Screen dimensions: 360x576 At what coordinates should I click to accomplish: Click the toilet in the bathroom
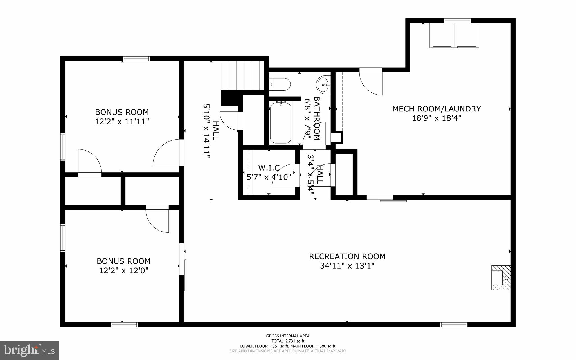(280, 84)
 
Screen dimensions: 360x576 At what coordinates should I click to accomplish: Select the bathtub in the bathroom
(280, 123)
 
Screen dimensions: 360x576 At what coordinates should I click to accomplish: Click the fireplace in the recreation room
(501, 278)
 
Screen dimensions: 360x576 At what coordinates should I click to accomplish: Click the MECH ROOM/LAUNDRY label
(436, 109)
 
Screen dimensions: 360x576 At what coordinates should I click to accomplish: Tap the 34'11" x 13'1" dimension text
(347, 266)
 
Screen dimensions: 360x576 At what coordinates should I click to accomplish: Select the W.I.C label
(269, 168)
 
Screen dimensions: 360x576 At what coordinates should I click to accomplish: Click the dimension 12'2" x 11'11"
(122, 122)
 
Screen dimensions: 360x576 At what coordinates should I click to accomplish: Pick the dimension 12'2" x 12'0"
(123, 270)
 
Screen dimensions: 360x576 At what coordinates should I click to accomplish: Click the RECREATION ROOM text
(347, 256)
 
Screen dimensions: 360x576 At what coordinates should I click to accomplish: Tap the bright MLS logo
(29, 350)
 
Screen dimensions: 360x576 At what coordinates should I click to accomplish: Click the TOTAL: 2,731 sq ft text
(288, 341)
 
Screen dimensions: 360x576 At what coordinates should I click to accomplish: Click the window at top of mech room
(457, 21)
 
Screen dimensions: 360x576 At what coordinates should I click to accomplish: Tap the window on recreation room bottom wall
(453, 325)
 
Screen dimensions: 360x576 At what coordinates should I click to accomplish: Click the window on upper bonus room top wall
(136, 59)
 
